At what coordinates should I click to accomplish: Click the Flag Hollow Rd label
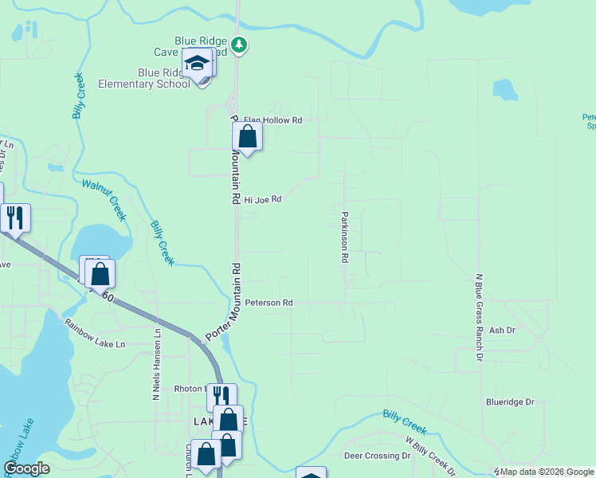pos(273,120)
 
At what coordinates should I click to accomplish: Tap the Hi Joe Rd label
pos(263,199)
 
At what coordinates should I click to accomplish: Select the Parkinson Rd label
pos(345,237)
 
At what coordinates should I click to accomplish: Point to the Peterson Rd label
pos(269,303)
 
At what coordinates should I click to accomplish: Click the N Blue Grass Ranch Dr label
pos(480,318)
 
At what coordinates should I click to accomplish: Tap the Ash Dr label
pos(502,330)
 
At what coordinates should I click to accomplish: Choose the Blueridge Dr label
pos(509,402)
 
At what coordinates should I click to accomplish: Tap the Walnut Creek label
pos(104,198)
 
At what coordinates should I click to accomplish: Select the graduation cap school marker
pos(196,62)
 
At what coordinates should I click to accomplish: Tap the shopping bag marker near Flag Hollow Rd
pos(248,137)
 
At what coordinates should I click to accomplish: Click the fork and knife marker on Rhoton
pos(222,396)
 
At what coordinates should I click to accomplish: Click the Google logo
pos(26,468)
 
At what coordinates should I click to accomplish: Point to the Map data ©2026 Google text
pos(545,472)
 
